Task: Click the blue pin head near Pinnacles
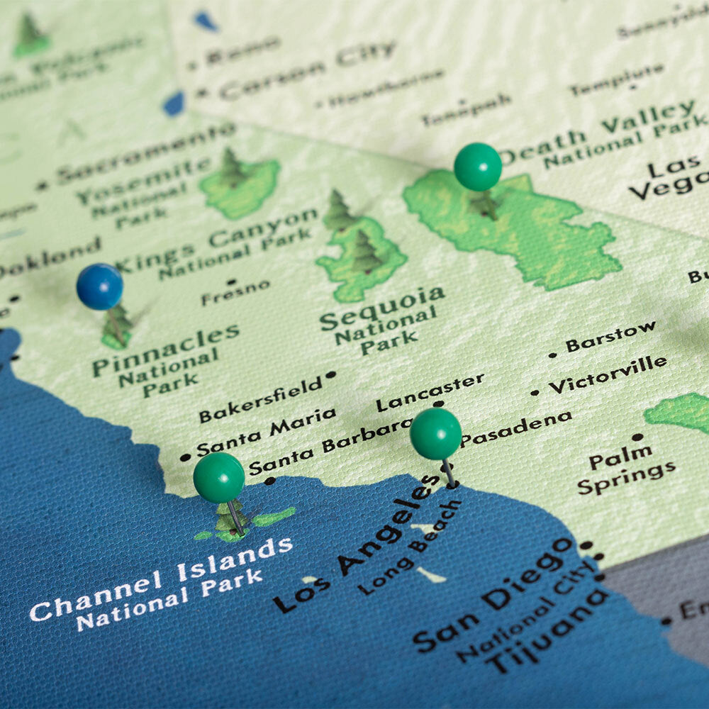99,286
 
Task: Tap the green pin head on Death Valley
477,167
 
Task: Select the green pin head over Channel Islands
218,477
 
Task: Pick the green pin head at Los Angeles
435,433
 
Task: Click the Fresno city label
235,292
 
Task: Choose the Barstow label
611,337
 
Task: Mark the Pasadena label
516,428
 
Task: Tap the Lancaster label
430,392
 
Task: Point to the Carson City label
307,69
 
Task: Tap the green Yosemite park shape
241,187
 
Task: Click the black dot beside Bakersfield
331,374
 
